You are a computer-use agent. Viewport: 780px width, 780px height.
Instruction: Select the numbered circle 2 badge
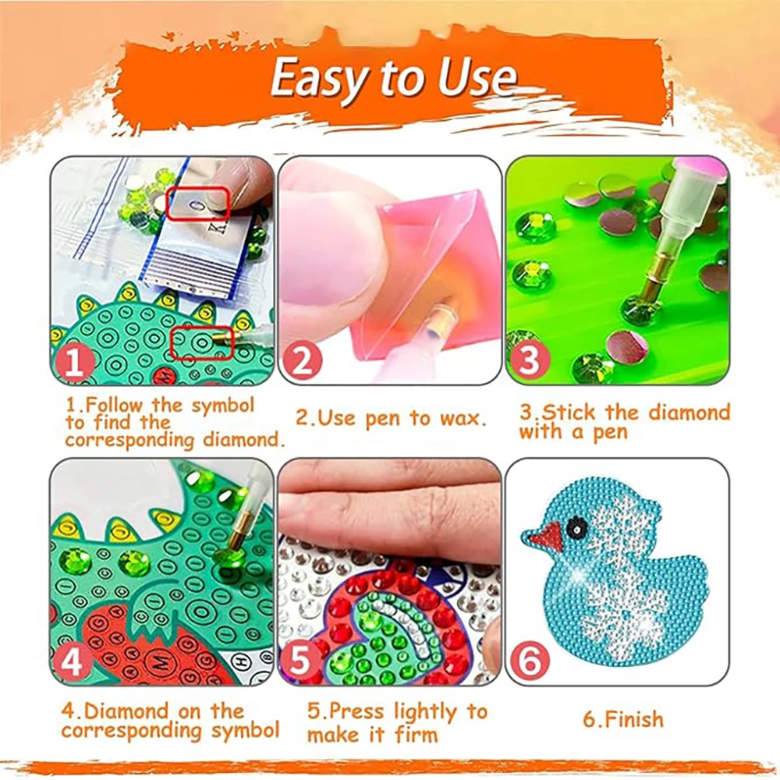tap(300, 363)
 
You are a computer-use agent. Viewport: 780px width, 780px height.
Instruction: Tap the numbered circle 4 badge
tap(74, 664)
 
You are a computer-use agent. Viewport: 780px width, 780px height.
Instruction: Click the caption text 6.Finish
tap(622, 718)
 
